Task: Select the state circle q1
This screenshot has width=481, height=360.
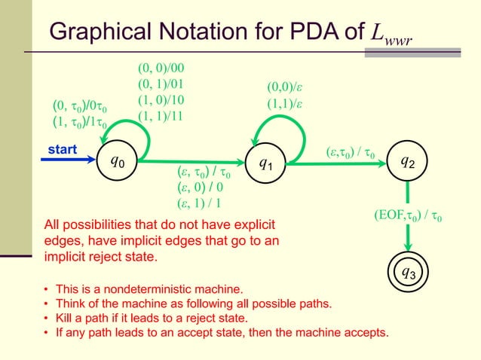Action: point(266,162)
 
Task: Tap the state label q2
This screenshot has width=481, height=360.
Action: point(407,160)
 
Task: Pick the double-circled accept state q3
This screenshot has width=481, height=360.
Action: point(408,273)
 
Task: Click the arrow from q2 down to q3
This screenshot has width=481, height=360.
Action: point(408,226)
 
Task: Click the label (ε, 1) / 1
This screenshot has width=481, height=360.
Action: point(198,203)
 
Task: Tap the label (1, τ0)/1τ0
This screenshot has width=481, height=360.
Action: point(80,122)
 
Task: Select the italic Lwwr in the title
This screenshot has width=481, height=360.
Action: point(393,34)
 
